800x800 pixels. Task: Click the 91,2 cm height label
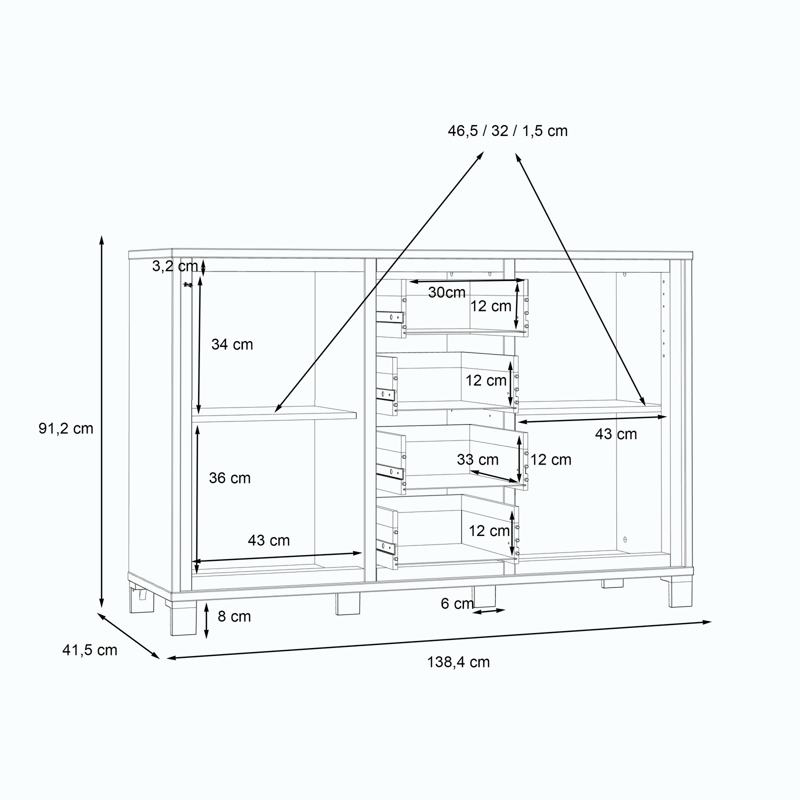66,428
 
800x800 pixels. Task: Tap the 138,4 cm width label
458,662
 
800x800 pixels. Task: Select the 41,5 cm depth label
89,650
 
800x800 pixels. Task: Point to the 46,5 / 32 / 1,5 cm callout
507,131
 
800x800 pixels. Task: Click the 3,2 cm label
175,266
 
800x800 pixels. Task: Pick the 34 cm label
232,344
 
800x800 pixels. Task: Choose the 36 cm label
229,478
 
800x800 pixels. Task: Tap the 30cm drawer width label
446,292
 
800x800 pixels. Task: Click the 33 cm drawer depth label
477,460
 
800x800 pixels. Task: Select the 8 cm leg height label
234,616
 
